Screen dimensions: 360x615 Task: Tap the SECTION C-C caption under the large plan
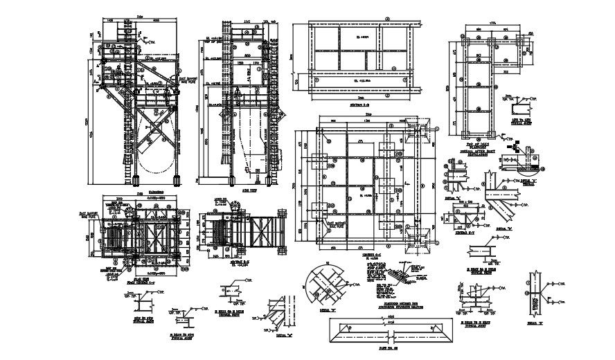point(361,255)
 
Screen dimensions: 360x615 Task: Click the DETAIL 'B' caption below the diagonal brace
point(504,228)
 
